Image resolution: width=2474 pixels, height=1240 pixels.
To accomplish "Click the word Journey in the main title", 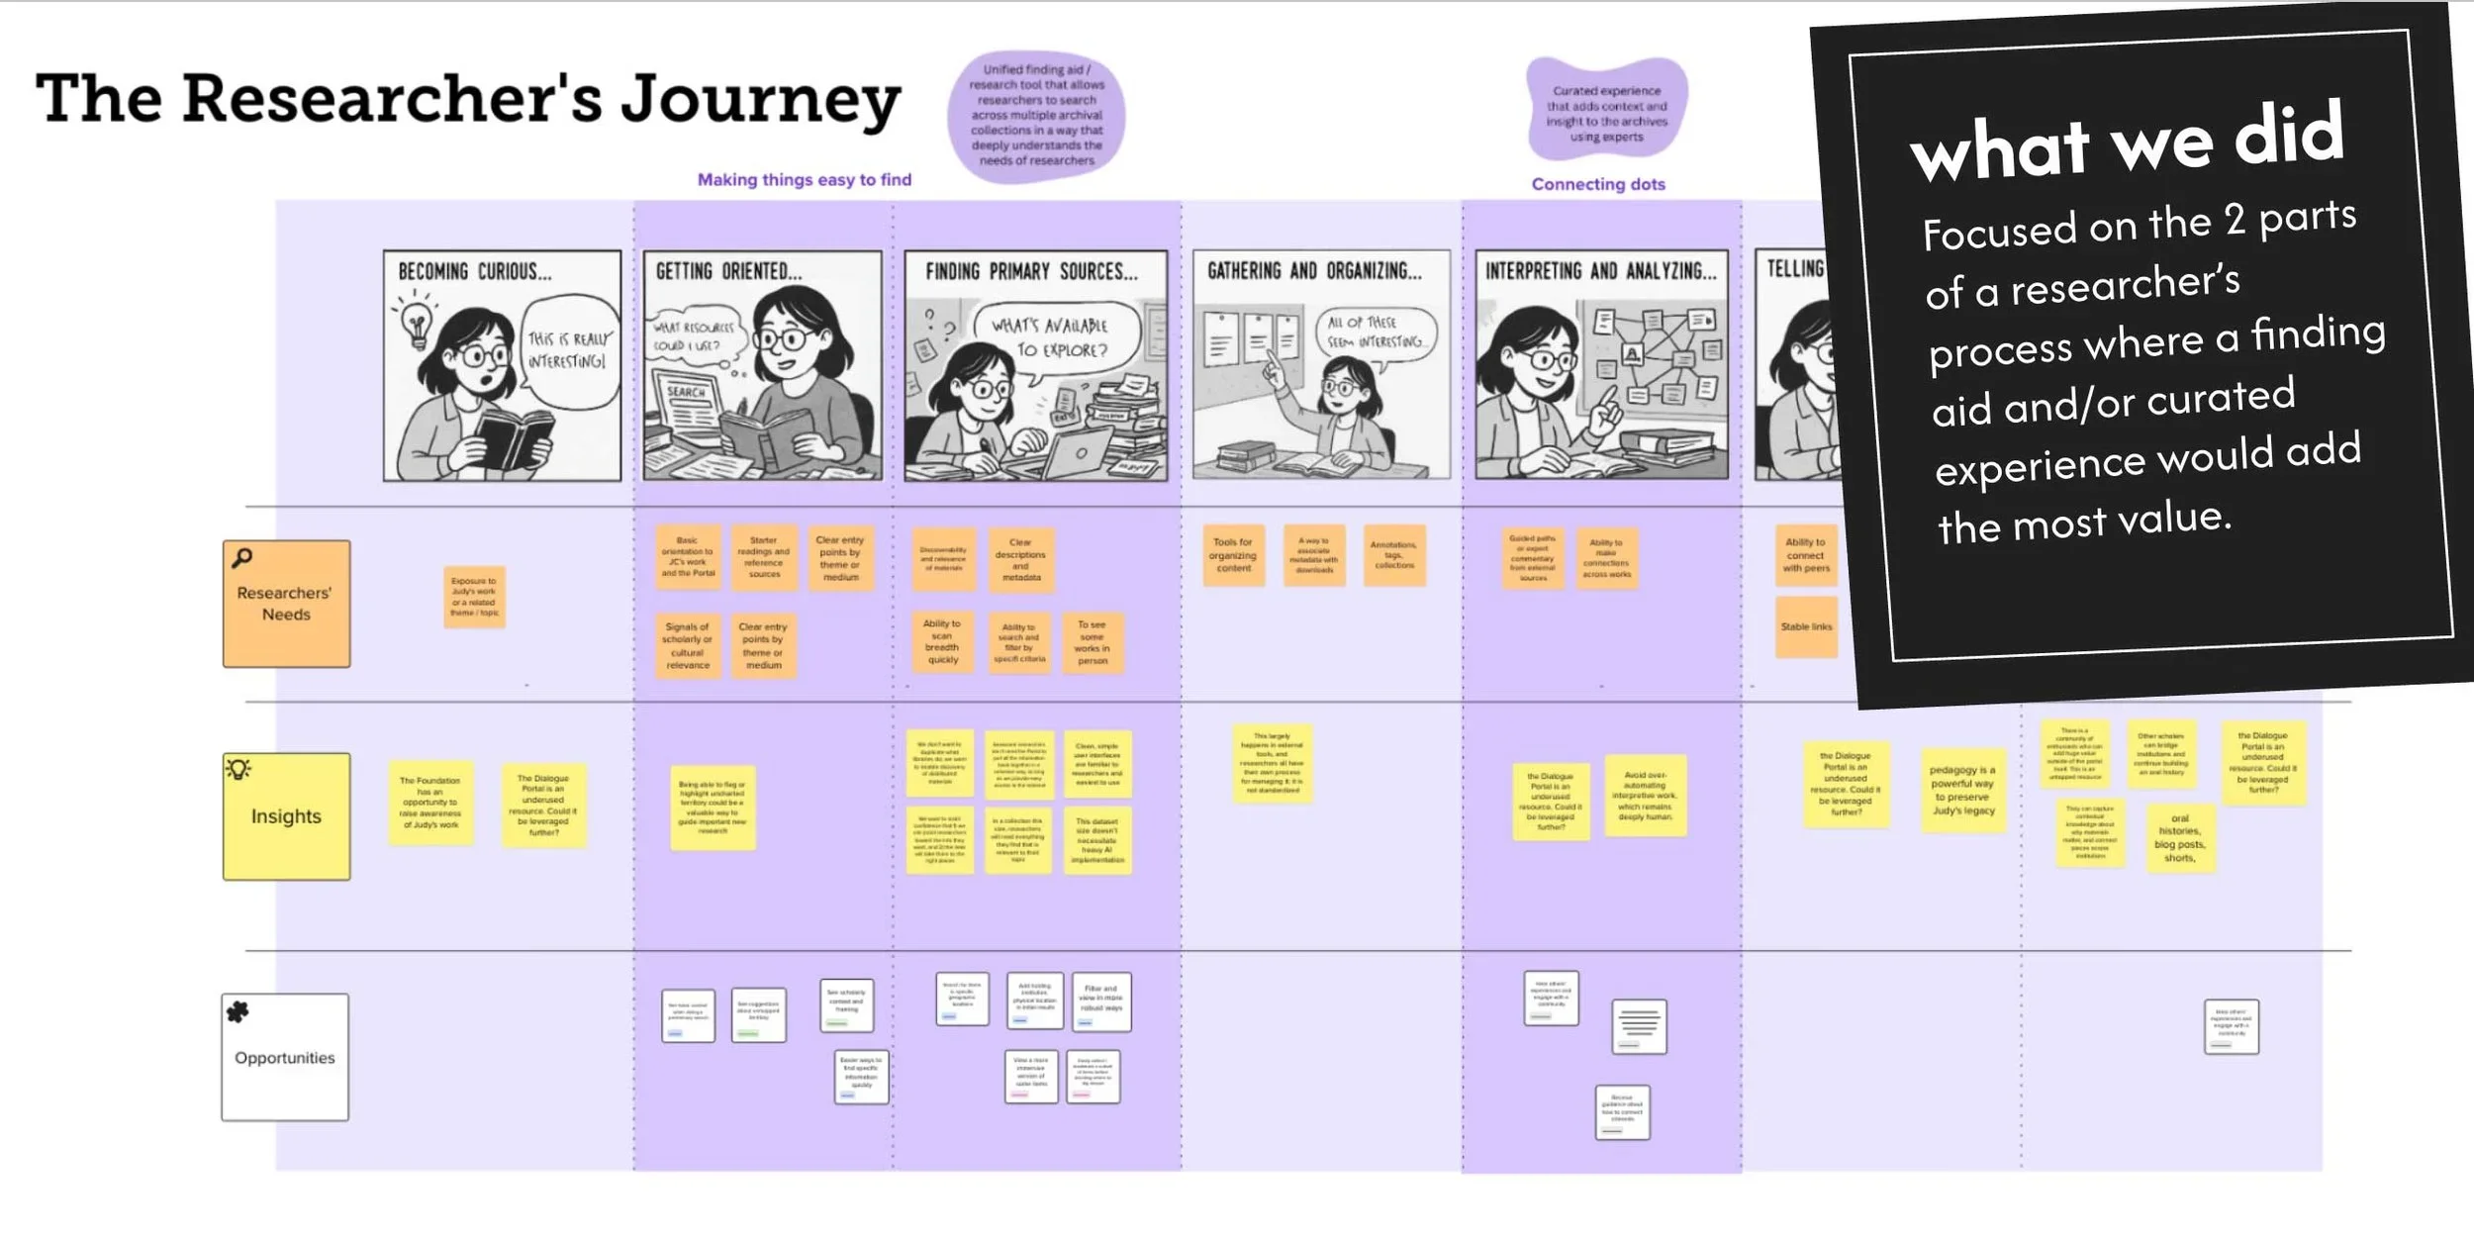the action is click(x=760, y=101).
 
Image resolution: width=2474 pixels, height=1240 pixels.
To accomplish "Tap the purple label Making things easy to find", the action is click(x=804, y=179).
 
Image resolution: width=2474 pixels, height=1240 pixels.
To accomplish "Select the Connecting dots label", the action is click(x=1597, y=184).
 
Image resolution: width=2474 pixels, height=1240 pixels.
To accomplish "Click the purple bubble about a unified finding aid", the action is click(x=1036, y=116).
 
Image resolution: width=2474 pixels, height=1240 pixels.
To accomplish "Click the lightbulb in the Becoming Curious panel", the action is click(x=416, y=323).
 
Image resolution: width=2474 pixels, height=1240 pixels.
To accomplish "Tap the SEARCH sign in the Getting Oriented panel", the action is click(x=686, y=392).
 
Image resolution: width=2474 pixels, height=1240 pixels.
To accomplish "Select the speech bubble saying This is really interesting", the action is click(x=568, y=350).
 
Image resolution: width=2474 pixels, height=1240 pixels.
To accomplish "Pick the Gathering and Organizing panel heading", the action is click(x=1313, y=271).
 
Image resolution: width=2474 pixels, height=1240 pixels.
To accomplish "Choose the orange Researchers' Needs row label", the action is click(x=286, y=603).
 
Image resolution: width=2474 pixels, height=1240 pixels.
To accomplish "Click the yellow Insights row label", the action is click(x=286, y=816).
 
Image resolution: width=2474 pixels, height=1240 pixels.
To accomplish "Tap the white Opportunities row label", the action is click(x=285, y=1057).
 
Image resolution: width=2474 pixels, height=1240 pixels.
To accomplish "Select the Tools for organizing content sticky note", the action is click(x=1233, y=555).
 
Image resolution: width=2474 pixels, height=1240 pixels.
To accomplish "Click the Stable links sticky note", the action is click(x=1806, y=627).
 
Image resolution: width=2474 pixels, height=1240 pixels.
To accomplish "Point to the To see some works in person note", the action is click(x=1093, y=643).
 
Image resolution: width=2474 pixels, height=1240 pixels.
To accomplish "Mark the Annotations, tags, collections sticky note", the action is click(x=1393, y=555).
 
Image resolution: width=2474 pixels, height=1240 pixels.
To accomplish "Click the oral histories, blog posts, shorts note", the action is click(x=2179, y=837).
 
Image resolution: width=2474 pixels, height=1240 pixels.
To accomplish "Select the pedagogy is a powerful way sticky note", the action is click(x=1963, y=790).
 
